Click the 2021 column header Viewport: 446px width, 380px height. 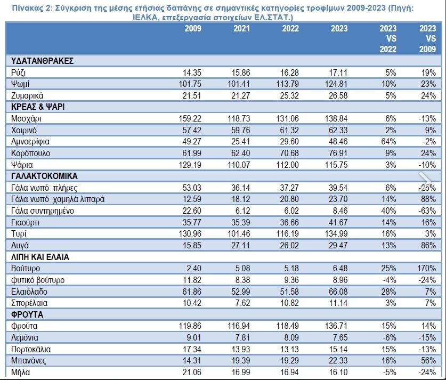click(241, 28)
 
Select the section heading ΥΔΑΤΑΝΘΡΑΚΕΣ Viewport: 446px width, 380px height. click(43, 61)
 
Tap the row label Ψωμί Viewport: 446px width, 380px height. click(20, 84)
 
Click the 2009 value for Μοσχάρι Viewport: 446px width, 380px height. click(190, 119)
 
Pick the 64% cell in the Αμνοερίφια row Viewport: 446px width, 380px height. click(388, 142)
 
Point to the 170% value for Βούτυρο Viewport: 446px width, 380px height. click(427, 268)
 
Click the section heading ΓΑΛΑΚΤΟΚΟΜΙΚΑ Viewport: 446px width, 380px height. click(44, 176)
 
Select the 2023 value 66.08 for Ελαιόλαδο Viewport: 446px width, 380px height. click(338, 292)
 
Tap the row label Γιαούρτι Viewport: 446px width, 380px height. click(25, 222)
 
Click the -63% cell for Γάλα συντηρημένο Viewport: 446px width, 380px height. click(427, 211)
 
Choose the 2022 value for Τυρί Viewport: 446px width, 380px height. click(287, 234)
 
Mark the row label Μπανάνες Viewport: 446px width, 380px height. click(28, 361)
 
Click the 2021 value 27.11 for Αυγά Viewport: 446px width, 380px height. click(240, 245)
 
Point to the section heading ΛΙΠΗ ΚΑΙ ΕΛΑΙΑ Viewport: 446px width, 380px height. click(40, 257)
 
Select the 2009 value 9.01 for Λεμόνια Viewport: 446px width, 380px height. click(193, 337)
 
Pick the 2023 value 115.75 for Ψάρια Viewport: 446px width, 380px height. click(336, 165)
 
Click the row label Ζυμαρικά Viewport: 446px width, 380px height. click(27, 96)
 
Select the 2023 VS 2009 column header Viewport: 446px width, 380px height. click(427, 39)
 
